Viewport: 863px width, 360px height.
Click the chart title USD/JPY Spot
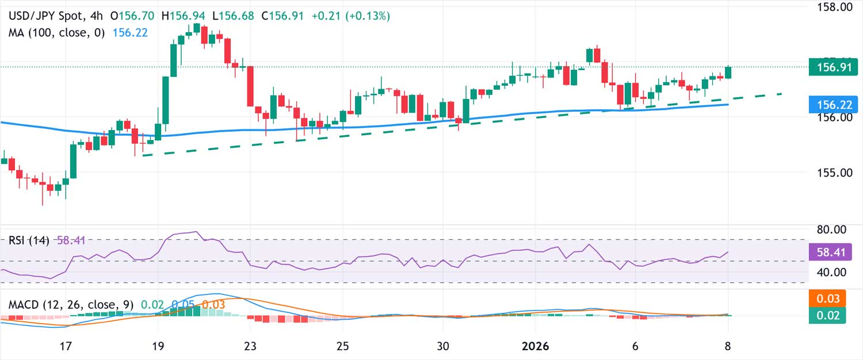(43, 16)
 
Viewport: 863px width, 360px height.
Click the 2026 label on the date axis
(535, 346)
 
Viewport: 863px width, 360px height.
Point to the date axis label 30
(442, 346)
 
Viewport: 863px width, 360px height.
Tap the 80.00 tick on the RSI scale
(832, 229)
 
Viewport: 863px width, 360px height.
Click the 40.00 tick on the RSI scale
(832, 272)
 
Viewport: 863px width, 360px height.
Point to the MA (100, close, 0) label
(56, 33)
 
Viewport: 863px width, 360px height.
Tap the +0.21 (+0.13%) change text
(351, 16)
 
